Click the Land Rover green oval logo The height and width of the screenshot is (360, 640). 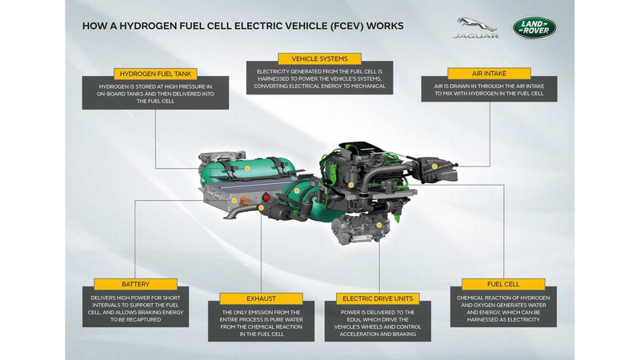click(x=534, y=28)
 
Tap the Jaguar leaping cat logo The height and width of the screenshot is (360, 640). click(x=476, y=25)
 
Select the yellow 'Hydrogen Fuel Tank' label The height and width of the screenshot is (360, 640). click(x=155, y=74)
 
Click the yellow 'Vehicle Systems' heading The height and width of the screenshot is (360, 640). click(x=319, y=58)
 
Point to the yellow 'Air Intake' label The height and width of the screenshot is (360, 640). click(x=489, y=74)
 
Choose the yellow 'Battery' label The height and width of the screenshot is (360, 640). click(x=135, y=284)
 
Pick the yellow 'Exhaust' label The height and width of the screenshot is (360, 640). click(x=261, y=298)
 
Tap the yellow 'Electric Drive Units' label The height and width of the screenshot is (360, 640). click(x=378, y=298)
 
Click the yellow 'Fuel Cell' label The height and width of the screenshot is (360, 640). click(x=503, y=284)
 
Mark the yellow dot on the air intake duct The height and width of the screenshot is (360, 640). click(x=434, y=166)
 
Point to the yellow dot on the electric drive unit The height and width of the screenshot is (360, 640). click(x=378, y=225)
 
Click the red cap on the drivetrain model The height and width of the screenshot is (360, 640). click(x=266, y=198)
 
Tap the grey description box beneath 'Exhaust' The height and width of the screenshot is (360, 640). click(x=262, y=322)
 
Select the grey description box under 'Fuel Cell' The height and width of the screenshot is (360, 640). click(x=503, y=307)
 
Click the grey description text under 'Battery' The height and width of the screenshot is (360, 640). click(x=135, y=309)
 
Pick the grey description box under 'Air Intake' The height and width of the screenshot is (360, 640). click(x=489, y=89)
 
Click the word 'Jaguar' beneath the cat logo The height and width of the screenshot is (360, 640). click(x=475, y=35)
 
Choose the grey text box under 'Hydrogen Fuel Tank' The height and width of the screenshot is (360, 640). click(x=155, y=93)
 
